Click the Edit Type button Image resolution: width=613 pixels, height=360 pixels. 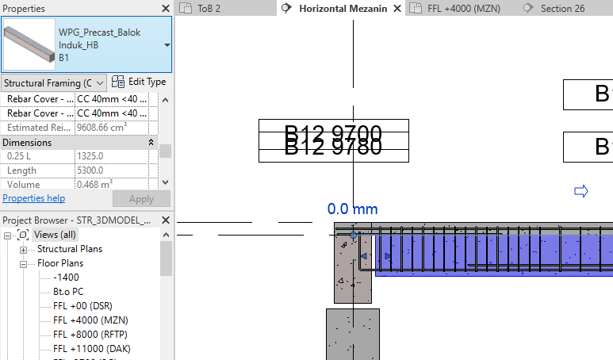click(x=139, y=82)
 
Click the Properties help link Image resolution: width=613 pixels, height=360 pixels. click(x=33, y=198)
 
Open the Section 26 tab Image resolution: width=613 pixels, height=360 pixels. click(x=561, y=8)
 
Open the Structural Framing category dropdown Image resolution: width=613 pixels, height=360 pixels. click(x=54, y=82)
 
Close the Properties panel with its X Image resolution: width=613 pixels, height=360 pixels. click(x=165, y=8)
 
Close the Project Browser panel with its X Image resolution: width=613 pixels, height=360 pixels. click(x=165, y=220)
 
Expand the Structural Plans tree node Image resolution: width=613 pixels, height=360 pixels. click(x=24, y=249)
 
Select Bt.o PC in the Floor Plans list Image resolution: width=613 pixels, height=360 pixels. click(x=68, y=292)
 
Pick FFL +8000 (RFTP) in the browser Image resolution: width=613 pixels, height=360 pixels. click(x=90, y=334)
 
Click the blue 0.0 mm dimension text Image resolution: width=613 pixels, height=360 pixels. click(x=353, y=209)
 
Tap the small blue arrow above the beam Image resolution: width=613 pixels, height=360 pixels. click(x=580, y=190)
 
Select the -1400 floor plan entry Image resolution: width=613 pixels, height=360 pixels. click(x=67, y=278)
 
